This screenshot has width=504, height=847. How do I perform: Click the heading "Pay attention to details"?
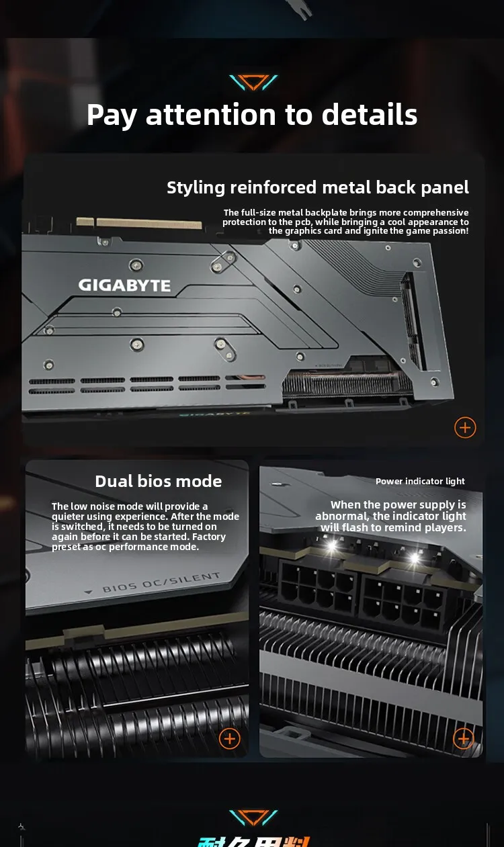tap(252, 114)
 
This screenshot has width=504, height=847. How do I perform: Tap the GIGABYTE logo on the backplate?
tap(124, 285)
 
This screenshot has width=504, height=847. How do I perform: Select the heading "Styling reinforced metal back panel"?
tap(318, 187)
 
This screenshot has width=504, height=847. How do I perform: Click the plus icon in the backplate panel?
tap(465, 427)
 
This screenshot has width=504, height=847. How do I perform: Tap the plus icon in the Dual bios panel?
tap(230, 738)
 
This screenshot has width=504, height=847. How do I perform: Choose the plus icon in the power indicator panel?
tap(463, 738)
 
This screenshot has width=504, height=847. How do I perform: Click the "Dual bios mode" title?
tap(158, 481)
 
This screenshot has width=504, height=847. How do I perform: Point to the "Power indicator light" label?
tap(420, 481)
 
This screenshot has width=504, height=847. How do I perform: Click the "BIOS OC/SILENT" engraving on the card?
tap(161, 582)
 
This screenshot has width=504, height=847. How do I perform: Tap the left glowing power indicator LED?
tap(331, 546)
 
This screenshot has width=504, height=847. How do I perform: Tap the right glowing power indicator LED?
tap(414, 557)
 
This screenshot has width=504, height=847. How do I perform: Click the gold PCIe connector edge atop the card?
tap(148, 222)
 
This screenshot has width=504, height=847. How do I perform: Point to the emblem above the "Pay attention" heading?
tap(253, 83)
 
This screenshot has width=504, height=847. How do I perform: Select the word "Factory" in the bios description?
tap(209, 537)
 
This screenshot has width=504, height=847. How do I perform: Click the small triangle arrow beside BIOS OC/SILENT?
tap(89, 592)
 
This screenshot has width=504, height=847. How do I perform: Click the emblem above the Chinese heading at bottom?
tap(253, 817)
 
